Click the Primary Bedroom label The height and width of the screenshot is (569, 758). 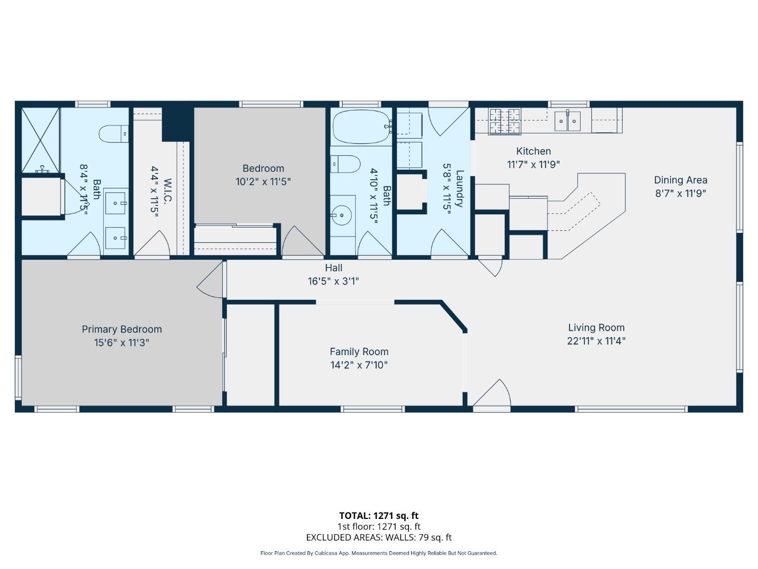point(122,329)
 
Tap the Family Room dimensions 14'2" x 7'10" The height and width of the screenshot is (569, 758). point(359,365)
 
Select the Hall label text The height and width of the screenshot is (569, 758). point(334,268)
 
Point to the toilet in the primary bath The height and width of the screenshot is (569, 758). point(113,134)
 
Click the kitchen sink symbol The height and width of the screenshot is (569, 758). point(567,121)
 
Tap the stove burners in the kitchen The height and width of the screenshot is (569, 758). point(504,121)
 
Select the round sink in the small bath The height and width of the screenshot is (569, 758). point(342,215)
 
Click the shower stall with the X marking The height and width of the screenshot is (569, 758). point(40,139)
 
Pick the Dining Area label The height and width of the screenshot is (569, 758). point(681,180)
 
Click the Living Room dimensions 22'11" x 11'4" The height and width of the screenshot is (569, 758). point(596,341)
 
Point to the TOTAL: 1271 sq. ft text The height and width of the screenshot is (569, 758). point(378,516)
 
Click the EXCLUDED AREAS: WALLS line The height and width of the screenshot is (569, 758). point(378,537)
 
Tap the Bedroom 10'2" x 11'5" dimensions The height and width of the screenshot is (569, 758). point(263,182)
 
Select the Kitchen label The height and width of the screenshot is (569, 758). point(533,151)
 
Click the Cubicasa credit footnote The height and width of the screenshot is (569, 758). point(378,553)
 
